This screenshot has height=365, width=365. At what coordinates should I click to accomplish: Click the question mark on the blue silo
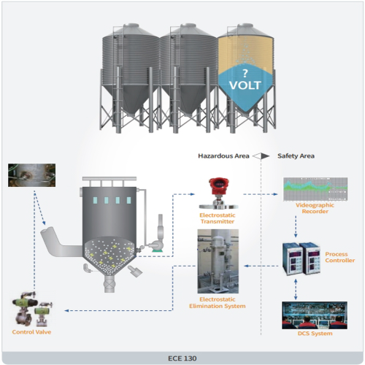pos(245,73)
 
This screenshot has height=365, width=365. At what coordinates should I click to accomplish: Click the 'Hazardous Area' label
pos(224,155)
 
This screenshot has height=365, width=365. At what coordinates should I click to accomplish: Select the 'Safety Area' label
pos(296,155)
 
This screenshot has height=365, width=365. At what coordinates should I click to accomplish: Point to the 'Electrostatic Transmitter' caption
pos(218,218)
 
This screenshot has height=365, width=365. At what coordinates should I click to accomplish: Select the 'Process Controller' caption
pos(340,257)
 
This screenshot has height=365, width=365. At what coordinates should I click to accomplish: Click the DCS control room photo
pos(307,316)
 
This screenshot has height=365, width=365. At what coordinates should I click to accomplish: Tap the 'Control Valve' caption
pos(31,332)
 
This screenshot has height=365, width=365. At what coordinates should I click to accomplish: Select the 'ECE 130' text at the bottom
pos(182,357)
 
